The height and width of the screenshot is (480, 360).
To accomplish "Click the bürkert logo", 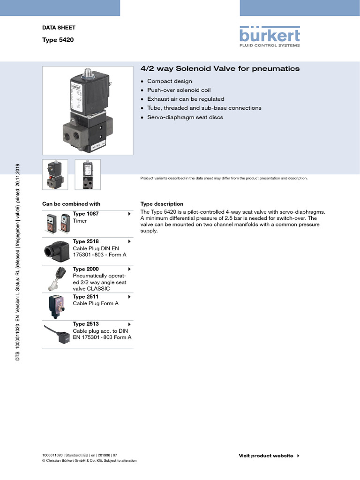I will coord(270,37).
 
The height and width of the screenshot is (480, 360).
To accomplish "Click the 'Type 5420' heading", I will coord(58,40).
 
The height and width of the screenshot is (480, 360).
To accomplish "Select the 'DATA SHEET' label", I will coord(59,28).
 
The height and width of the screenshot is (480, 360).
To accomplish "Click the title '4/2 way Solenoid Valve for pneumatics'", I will coord(220,69).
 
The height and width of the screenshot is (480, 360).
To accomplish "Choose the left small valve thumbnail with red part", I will coord(55,175).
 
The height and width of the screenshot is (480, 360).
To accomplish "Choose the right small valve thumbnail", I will coord(88,175).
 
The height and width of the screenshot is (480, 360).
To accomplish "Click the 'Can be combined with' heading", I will coord(71,204).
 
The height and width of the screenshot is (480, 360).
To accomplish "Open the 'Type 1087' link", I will coord(86,214).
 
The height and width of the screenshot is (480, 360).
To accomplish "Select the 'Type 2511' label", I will coord(86,297).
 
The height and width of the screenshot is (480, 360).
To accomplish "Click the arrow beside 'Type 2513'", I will coord(129,324).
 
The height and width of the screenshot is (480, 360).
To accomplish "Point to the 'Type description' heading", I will coord(162,204).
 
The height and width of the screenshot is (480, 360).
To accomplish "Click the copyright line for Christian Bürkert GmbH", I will coord(89,461).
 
